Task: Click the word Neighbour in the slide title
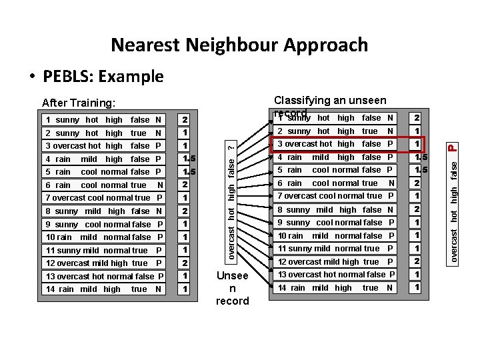pos(224,45)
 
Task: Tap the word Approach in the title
pos(326,45)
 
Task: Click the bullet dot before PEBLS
pos(32,77)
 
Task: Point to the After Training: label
pos(79,103)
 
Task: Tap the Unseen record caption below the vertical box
pos(232,288)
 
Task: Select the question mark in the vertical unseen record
pos(231,147)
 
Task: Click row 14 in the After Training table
pos(103,289)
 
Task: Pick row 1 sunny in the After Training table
pos(103,120)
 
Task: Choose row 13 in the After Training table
pos(103,277)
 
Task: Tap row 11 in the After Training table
pos(103,251)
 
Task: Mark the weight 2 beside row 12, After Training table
pos(185,263)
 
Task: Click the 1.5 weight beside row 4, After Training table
pos(187,159)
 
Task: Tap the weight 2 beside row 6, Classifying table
pos(417,183)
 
